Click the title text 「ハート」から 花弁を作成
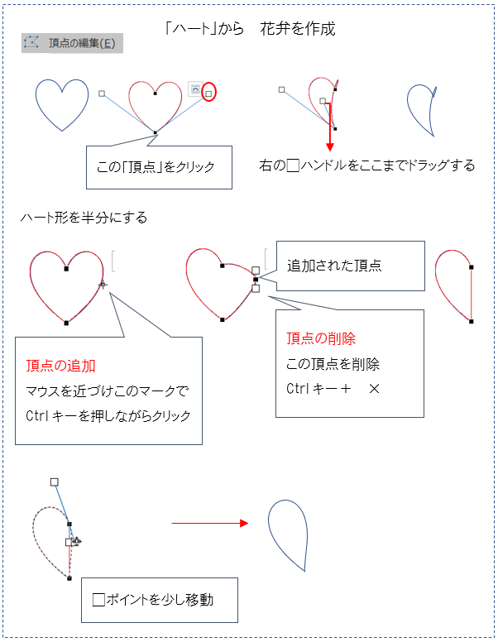click(250, 29)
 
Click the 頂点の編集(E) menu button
click(72, 43)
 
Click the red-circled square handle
click(208, 93)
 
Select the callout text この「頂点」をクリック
click(156, 167)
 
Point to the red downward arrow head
click(330, 147)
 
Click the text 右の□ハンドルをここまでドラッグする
click(367, 165)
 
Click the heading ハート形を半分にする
click(84, 218)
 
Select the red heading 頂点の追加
click(60, 366)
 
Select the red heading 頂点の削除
click(321, 338)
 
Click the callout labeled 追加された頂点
click(334, 266)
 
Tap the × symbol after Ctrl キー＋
click(374, 389)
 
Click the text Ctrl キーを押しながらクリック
click(108, 416)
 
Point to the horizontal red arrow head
click(244, 523)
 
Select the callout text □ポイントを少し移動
click(153, 600)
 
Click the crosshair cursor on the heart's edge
click(103, 285)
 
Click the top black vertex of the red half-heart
click(472, 267)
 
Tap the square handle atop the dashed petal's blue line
click(54, 481)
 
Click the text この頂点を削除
click(333, 364)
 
